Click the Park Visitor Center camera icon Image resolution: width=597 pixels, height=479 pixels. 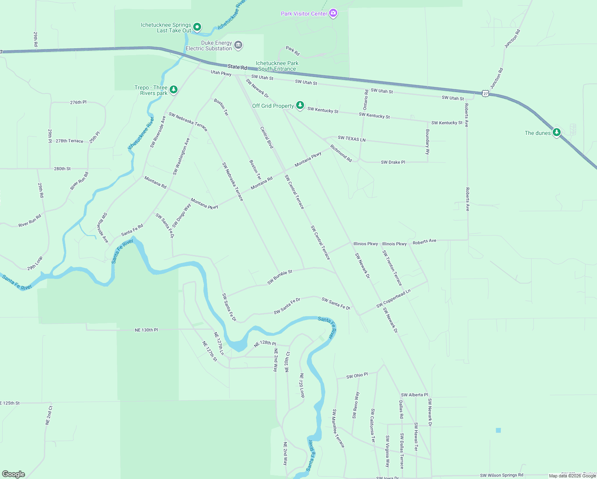point(333,14)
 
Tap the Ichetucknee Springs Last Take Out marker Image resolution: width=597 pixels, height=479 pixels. point(197,28)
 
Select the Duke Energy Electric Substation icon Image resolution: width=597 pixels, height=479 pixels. point(238,45)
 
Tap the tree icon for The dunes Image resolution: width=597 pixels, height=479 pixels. point(556,133)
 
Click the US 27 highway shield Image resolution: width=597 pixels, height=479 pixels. point(485,93)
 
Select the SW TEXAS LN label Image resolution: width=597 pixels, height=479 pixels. point(352,139)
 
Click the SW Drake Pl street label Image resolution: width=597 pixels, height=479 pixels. point(393,162)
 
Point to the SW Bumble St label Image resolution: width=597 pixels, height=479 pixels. point(280,277)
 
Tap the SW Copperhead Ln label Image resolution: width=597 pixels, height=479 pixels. point(393,299)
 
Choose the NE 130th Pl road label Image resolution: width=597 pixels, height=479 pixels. point(146,330)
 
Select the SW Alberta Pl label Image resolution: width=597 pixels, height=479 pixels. point(414,395)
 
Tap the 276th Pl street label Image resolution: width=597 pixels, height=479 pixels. point(78,103)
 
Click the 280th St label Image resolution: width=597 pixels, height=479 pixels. point(62,169)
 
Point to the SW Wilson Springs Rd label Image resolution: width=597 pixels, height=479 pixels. point(501,475)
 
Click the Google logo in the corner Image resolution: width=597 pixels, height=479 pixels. point(14,474)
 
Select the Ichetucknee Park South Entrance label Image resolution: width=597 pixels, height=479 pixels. point(277,66)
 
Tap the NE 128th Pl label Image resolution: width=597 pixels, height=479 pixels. point(265,343)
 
